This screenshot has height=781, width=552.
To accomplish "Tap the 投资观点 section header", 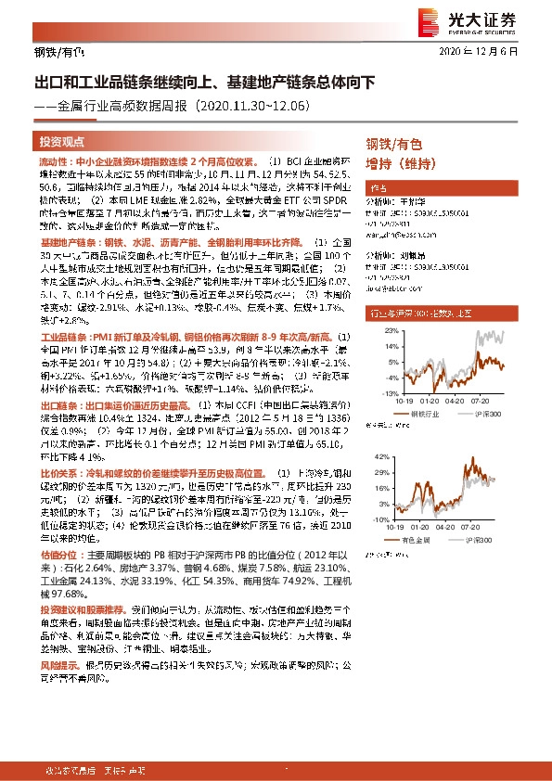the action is tap(62, 141).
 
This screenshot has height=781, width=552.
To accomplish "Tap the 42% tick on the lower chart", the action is tap(396, 458).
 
